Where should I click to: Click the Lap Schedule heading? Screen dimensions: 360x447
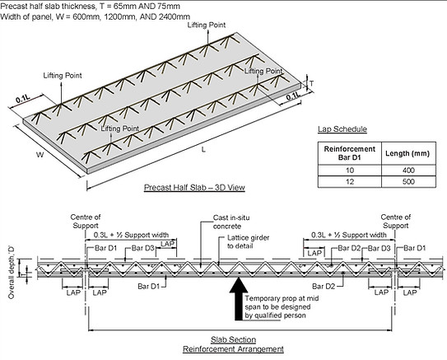point(342,129)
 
